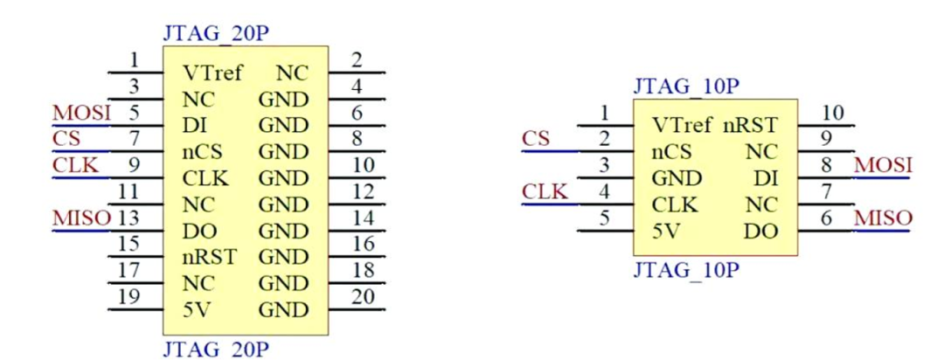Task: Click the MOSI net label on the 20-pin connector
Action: tap(81, 114)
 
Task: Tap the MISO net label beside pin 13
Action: tap(81, 218)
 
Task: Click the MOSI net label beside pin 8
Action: tap(883, 165)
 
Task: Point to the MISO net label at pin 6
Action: tap(883, 218)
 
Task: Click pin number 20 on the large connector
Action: tap(363, 296)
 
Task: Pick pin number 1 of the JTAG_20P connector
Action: tap(134, 60)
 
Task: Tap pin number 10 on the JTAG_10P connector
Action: tap(836, 113)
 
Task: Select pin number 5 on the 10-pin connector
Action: tap(604, 218)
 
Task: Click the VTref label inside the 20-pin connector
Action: tap(214, 73)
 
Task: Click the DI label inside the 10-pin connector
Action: tap(766, 179)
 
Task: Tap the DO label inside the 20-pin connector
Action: tap(198, 232)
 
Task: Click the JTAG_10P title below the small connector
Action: tap(686, 270)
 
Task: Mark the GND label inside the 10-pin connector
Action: tap(677, 179)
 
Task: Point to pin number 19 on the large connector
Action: tap(129, 296)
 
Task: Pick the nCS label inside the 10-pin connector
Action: tap(672, 153)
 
